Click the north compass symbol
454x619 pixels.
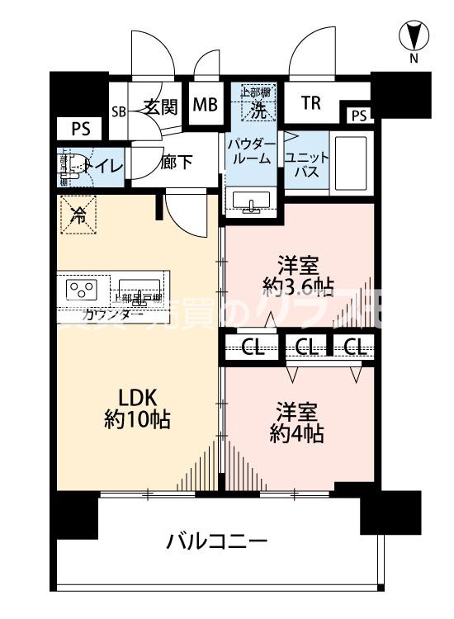415,36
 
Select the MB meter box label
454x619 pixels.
205,105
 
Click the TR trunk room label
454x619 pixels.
310,103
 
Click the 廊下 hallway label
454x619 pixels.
177,162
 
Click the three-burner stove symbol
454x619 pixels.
82,290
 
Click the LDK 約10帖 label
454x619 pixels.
137,406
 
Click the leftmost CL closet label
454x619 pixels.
253,347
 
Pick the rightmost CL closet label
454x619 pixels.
355,347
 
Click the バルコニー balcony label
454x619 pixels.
216,542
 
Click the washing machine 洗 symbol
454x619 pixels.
258,102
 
